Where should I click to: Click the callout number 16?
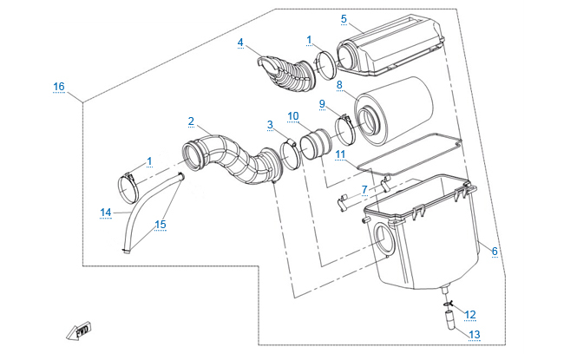coord(58,87)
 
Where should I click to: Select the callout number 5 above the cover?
coord(344,18)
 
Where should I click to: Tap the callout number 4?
coord(240,42)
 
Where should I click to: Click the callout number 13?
coord(474,334)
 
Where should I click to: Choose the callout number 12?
coord(469,314)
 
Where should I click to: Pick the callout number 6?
coord(495,252)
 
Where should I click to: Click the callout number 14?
coord(105,211)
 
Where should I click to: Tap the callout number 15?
coord(160,224)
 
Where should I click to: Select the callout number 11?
coord(341,154)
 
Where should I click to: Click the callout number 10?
coord(292,116)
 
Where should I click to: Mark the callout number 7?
coord(365,188)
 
